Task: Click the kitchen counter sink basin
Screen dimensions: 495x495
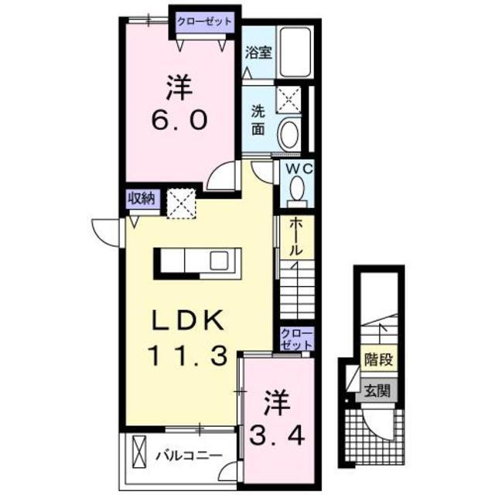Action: [218, 260]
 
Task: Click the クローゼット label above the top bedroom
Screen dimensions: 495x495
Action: [203, 20]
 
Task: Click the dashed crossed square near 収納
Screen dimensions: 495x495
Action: [184, 204]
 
